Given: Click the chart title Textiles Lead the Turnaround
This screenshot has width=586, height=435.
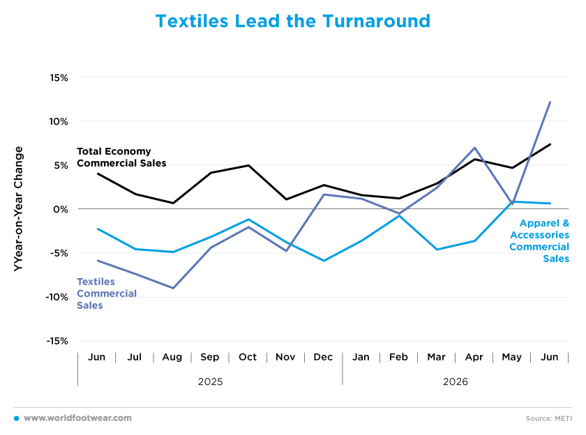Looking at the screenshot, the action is tap(292, 21).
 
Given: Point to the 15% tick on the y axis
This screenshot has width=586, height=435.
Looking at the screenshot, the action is tap(59, 77).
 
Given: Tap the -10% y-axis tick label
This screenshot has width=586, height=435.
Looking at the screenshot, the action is tap(57, 297).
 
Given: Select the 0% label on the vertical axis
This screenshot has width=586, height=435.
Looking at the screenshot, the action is tap(61, 209).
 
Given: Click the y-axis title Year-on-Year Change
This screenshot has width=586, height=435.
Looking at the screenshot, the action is tap(18, 208).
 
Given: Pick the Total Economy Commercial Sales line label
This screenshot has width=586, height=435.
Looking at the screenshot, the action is tap(121, 157).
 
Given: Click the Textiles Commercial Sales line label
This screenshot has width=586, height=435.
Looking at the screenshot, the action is tap(107, 293).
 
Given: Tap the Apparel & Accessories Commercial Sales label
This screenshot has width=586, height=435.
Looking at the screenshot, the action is tap(539, 241).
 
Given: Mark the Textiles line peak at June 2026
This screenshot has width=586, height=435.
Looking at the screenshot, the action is tap(550, 102).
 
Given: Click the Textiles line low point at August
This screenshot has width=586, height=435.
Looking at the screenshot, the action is tap(173, 288).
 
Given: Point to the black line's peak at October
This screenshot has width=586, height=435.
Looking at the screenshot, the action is tap(248, 165).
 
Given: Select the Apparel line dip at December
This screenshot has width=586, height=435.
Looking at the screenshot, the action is tap(324, 261).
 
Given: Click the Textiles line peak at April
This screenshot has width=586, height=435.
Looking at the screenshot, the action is tap(474, 148).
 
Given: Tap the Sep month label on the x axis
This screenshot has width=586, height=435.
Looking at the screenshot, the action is tap(210, 358).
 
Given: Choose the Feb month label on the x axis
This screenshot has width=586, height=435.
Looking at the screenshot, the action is tap(398, 358).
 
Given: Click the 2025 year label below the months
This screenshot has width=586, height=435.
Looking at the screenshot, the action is tap(211, 381).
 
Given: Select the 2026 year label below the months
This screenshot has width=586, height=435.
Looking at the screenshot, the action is tap(455, 381).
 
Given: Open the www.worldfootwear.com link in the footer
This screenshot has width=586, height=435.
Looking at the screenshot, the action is tap(77, 418).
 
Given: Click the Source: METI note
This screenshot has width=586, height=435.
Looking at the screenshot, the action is tap(548, 418).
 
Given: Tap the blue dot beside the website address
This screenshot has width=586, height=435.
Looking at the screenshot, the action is tap(17, 418).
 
